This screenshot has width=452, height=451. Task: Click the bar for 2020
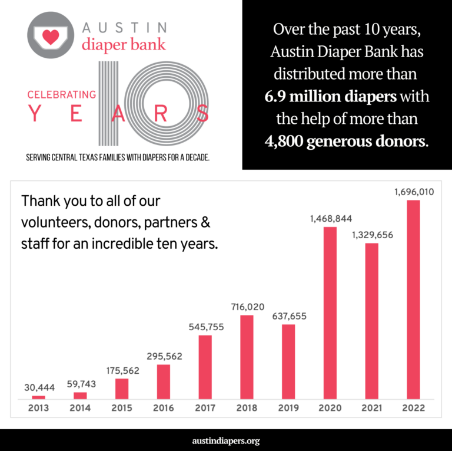[x=330, y=312]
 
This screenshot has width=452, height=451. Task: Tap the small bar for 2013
[x=39, y=397]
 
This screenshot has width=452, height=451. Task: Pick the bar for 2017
[x=205, y=367]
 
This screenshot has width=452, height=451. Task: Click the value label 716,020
[x=247, y=307]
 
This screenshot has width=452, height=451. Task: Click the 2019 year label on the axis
[x=288, y=408]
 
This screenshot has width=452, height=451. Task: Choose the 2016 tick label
[x=163, y=408]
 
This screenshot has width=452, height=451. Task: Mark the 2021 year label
[x=371, y=408]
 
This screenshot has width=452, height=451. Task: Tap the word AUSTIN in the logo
[x=125, y=27]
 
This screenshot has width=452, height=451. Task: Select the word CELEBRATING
[x=61, y=94]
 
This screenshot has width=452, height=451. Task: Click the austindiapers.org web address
[x=226, y=440]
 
